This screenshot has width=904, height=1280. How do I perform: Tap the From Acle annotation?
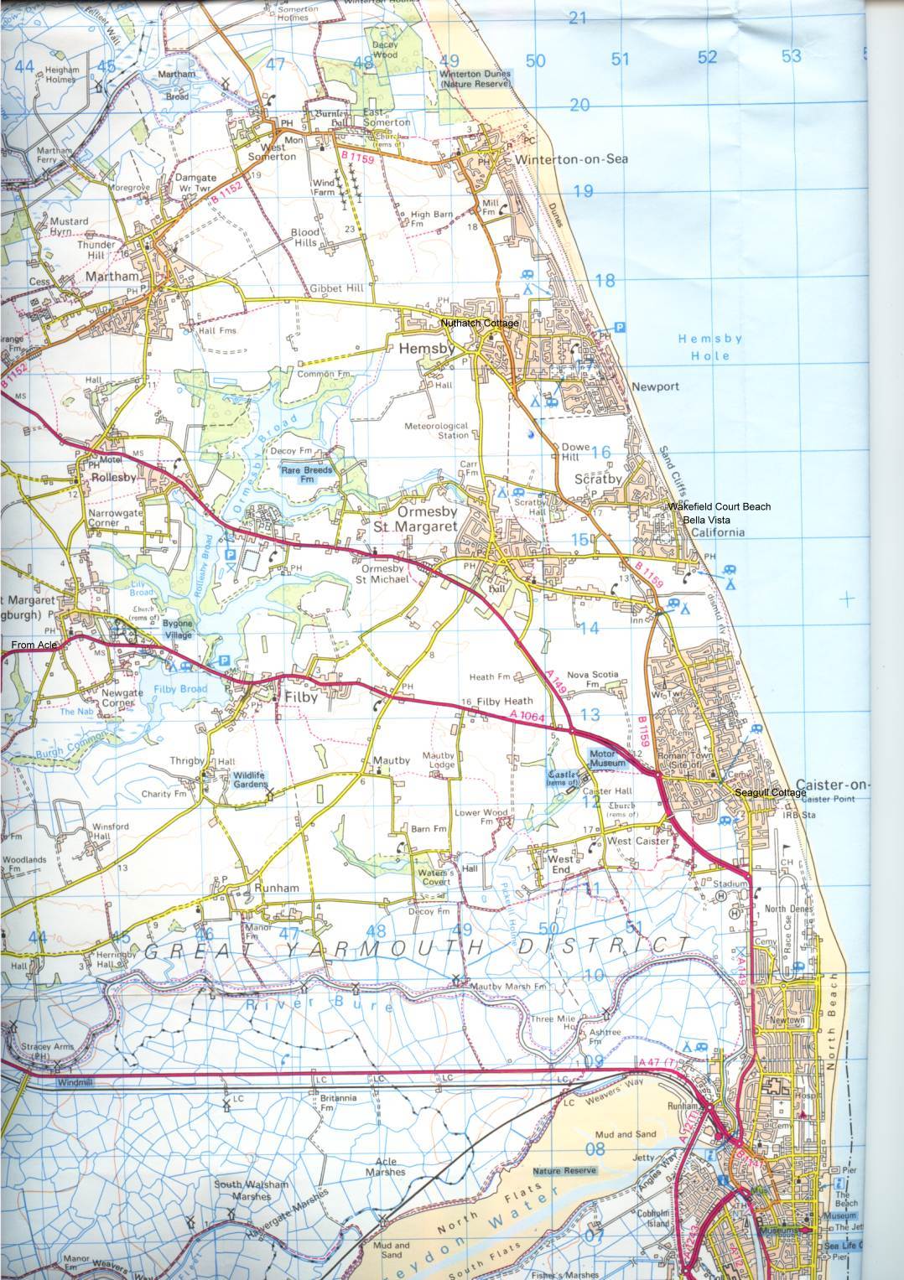click(34, 645)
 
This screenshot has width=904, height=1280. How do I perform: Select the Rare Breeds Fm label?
click(307, 475)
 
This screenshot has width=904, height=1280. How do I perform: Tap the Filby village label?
click(295, 695)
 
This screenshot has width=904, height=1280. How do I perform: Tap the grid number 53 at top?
click(791, 56)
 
